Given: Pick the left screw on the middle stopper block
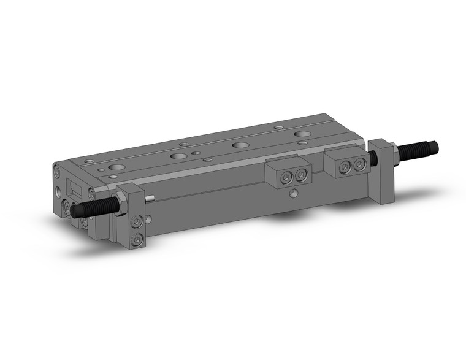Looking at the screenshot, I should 287,177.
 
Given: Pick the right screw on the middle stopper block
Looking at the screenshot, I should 299,175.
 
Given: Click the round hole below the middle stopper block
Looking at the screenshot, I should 295,195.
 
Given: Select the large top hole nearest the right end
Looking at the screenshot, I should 300,134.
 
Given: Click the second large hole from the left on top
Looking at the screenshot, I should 179,156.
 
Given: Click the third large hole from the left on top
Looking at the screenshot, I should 240,145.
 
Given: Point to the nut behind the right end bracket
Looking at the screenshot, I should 395,155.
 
